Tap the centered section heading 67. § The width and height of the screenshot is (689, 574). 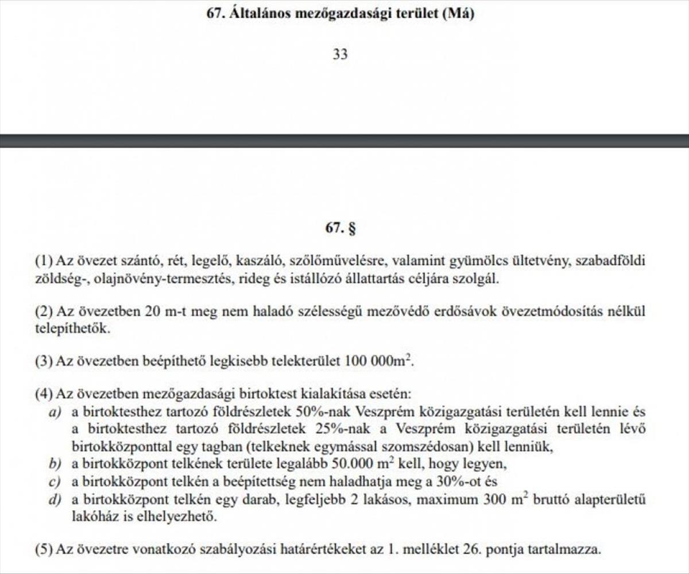click(x=340, y=228)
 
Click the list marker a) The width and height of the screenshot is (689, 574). click(x=55, y=412)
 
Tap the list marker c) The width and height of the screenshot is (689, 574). click(x=55, y=481)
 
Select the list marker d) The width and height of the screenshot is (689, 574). click(x=55, y=499)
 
